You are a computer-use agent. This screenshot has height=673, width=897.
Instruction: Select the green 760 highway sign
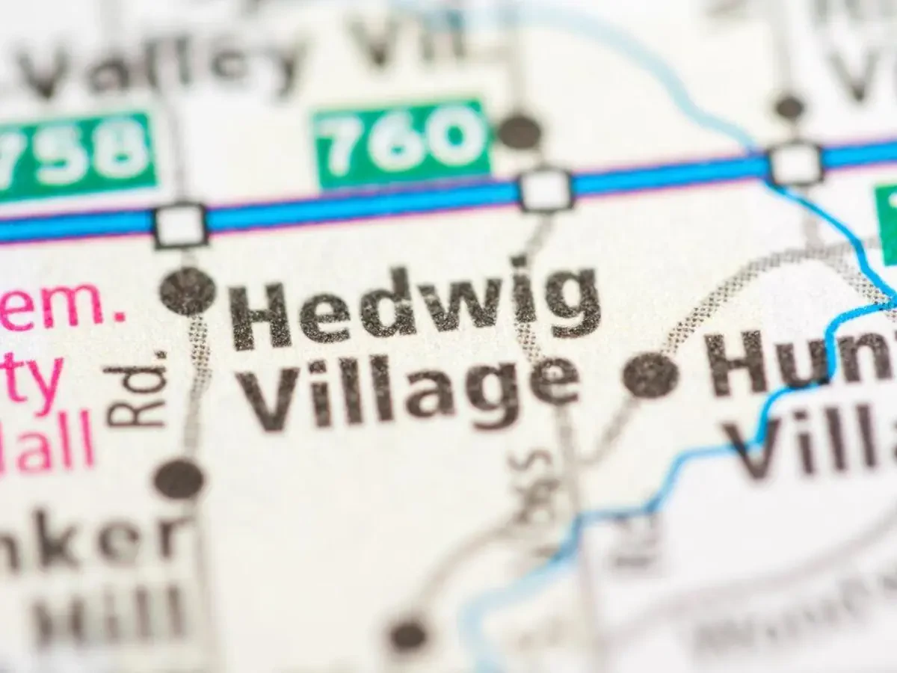click(402, 142)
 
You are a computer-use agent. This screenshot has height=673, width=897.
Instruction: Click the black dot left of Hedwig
click(187, 291)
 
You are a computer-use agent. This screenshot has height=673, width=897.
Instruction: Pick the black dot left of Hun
click(651, 375)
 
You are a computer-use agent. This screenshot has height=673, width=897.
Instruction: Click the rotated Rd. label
click(135, 389)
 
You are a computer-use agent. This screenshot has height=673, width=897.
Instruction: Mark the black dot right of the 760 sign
click(519, 132)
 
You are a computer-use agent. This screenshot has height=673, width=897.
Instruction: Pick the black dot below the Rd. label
click(179, 479)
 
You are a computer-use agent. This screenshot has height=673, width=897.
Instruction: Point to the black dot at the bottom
click(408, 635)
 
